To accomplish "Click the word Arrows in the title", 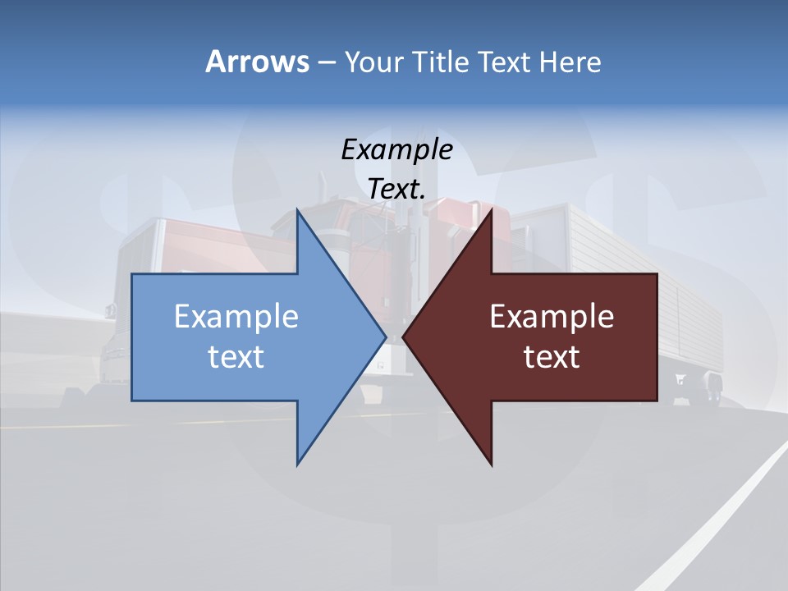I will [x=257, y=62].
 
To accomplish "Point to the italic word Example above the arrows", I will [x=396, y=149].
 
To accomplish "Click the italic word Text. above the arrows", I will [x=396, y=189].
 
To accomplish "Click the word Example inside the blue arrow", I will [x=236, y=317].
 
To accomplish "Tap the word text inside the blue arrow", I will [x=236, y=357].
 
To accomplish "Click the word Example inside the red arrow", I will [x=552, y=317].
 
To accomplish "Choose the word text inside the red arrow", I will [x=552, y=357].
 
